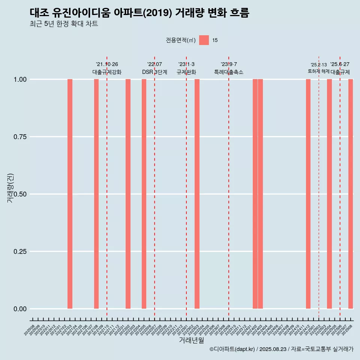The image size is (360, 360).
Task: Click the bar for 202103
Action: [x=70, y=194]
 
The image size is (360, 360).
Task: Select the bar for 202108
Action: [x=96, y=194]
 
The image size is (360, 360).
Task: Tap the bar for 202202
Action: [x=128, y=194]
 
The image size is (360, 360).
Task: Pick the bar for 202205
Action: [x=144, y=194]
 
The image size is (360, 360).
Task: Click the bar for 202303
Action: [x=197, y=194]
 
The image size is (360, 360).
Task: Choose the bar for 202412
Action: [x=308, y=194]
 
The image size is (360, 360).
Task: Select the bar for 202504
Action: [x=329, y=194]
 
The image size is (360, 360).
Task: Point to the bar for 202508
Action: [x=351, y=194]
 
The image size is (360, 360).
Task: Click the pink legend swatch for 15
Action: [x=204, y=40]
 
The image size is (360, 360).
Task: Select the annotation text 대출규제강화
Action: [x=107, y=72]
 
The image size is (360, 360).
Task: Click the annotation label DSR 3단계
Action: [x=154, y=72]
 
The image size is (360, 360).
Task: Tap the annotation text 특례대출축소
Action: [x=229, y=72]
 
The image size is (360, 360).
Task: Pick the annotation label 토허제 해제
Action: [x=319, y=71]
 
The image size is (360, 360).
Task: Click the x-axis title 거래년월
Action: [x=192, y=340]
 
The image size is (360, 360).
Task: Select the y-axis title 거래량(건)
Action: [x=10, y=188]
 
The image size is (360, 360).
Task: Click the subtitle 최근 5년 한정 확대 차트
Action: [x=64, y=24]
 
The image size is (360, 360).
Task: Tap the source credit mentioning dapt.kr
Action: [x=281, y=349]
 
